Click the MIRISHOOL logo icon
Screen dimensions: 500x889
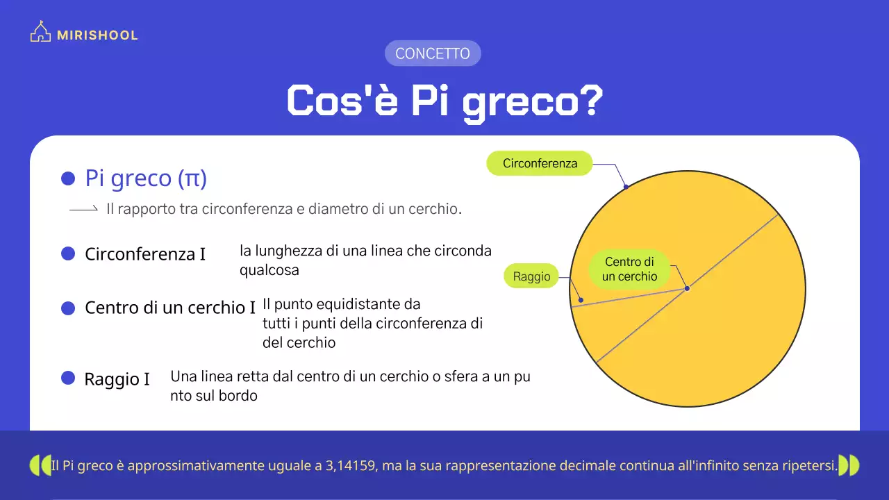(x=40, y=33)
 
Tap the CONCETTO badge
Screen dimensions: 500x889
(x=433, y=53)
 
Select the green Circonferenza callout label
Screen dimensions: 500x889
(x=540, y=164)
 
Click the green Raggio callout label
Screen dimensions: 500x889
(x=532, y=276)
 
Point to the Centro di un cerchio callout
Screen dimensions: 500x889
(x=630, y=269)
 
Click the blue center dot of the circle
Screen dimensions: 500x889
(x=687, y=288)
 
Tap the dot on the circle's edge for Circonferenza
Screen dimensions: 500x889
(x=626, y=186)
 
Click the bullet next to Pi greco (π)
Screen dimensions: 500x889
(x=68, y=178)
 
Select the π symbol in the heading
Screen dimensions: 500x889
(x=192, y=178)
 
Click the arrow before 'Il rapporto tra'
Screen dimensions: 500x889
(x=83, y=209)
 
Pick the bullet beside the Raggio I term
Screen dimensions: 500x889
(x=68, y=378)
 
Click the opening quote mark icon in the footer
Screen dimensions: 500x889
(x=40, y=465)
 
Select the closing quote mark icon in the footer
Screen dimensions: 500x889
(x=849, y=465)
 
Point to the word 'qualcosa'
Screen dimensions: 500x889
(x=269, y=270)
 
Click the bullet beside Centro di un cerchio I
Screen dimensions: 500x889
(x=68, y=308)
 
